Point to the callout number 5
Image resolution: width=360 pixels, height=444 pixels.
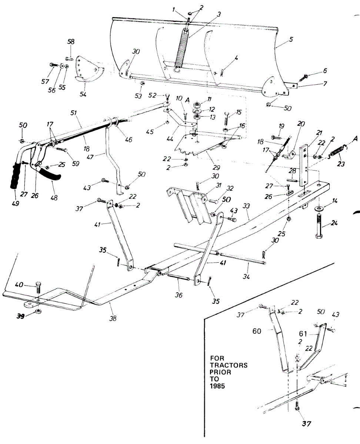click(291, 39)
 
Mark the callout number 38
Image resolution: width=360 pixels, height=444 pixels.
click(113, 318)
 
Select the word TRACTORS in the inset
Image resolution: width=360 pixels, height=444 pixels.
click(229, 365)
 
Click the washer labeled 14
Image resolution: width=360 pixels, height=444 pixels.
click(319, 209)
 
